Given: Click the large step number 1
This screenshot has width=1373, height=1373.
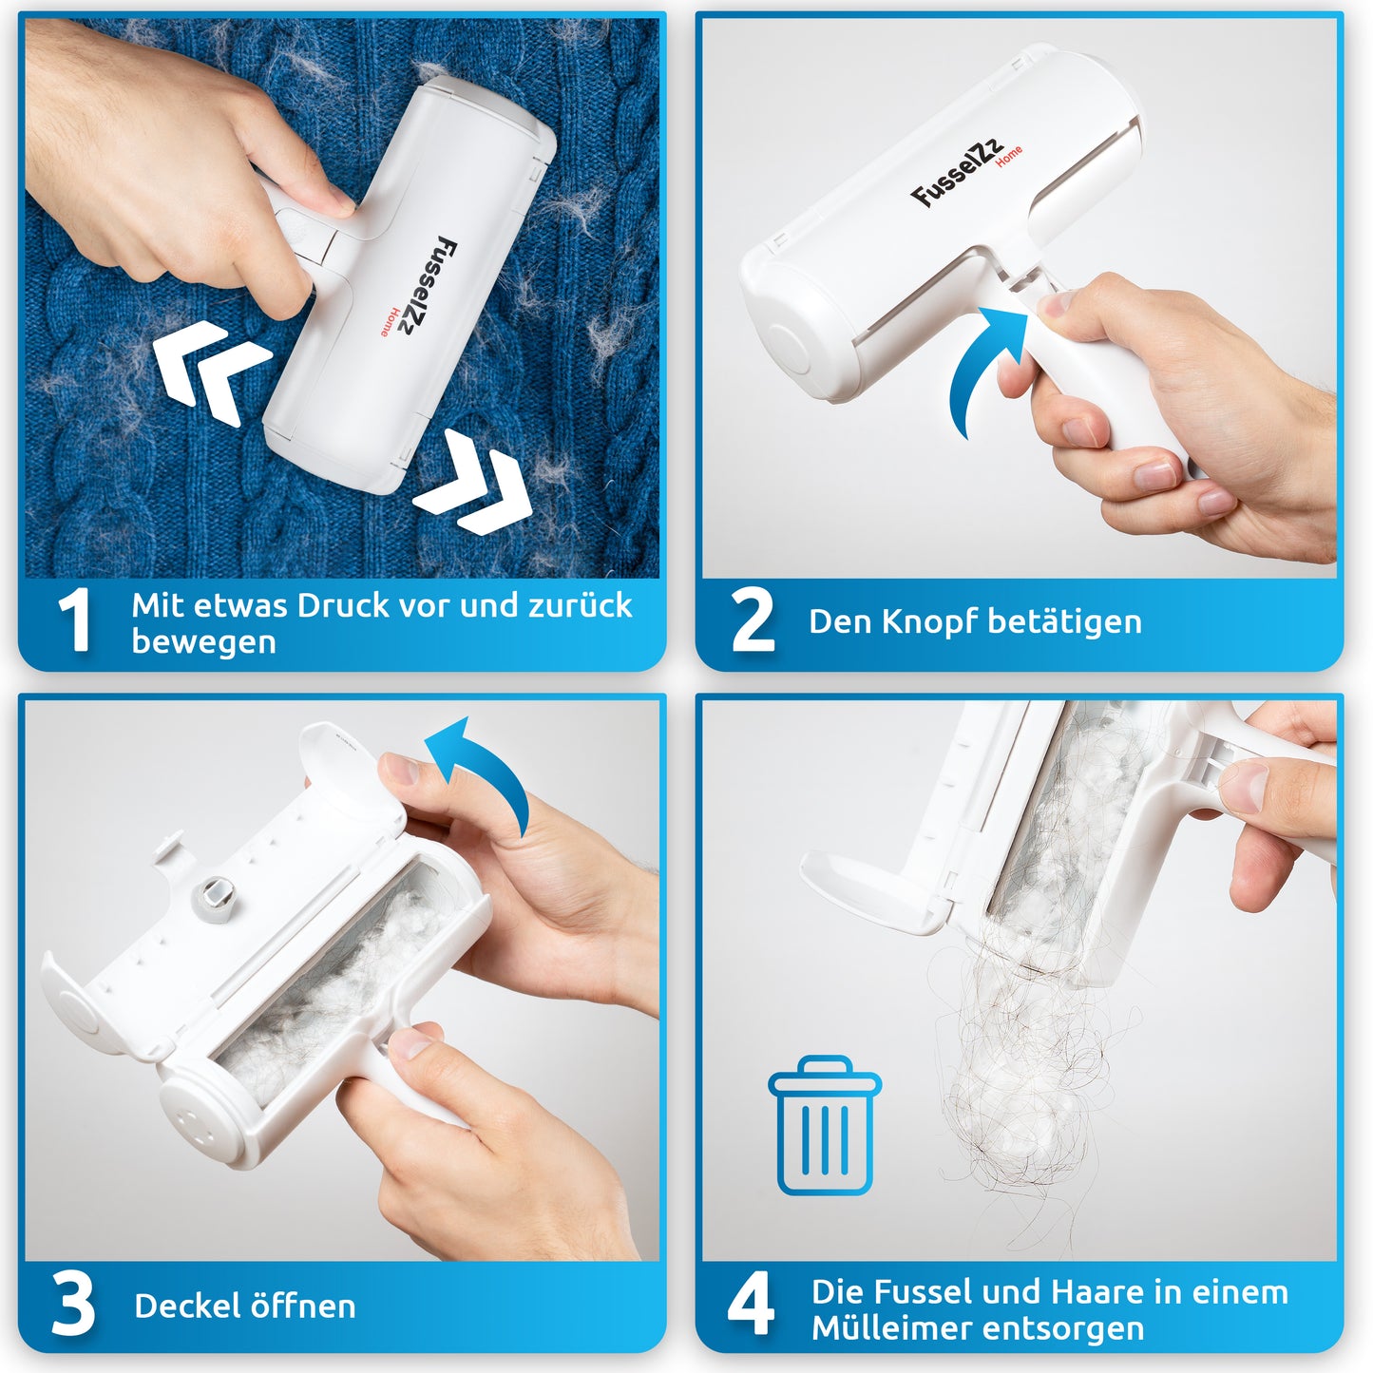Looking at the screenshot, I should click(75, 620).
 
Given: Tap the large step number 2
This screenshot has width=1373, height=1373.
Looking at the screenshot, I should click(753, 620).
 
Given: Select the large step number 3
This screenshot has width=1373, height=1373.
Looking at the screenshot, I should click(73, 1306).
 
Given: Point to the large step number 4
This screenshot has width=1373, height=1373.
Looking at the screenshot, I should click(751, 1306).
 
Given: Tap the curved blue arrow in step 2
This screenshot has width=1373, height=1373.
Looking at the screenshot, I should click(984, 366).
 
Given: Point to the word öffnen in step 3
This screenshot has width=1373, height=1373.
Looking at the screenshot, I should click(302, 1306).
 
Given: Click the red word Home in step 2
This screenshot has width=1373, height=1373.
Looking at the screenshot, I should click(1009, 155).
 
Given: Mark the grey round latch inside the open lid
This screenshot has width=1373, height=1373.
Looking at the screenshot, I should click(214, 898).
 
